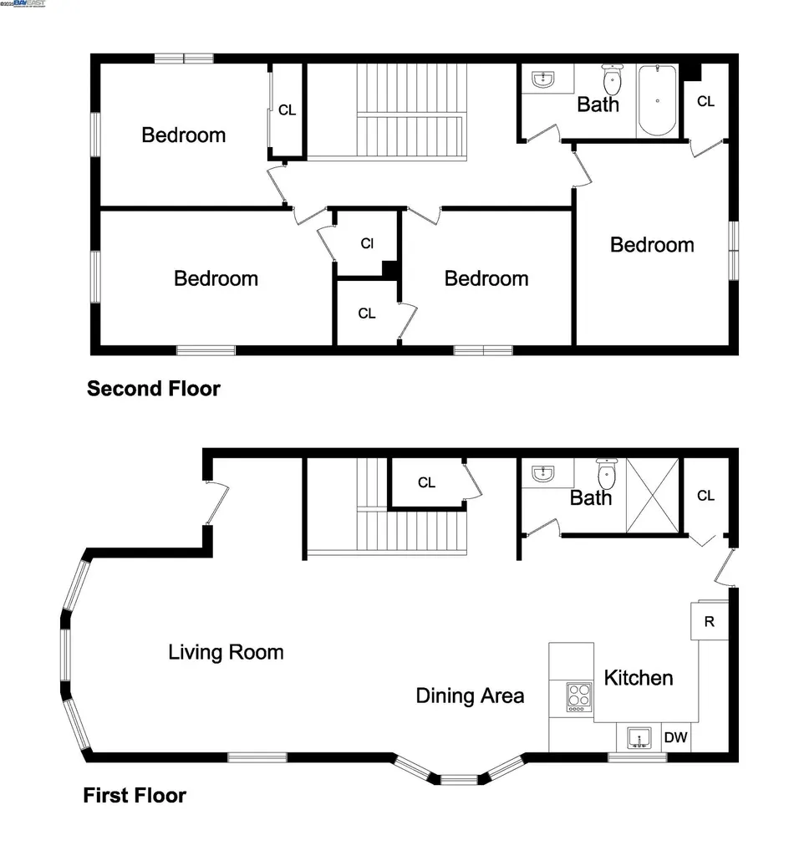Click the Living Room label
[x=226, y=652]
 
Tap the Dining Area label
[x=470, y=695]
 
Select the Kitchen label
[x=639, y=677]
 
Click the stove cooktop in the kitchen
[x=578, y=696]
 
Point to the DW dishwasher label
[x=675, y=738]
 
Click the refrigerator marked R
[x=709, y=621]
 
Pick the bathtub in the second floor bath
[x=657, y=101]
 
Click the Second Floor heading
[x=154, y=389]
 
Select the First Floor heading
[x=135, y=795]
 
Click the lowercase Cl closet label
[x=367, y=244]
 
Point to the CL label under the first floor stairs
[x=426, y=482]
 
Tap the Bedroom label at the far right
[x=652, y=245]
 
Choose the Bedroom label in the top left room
[x=183, y=135]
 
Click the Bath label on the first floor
[x=591, y=498]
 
